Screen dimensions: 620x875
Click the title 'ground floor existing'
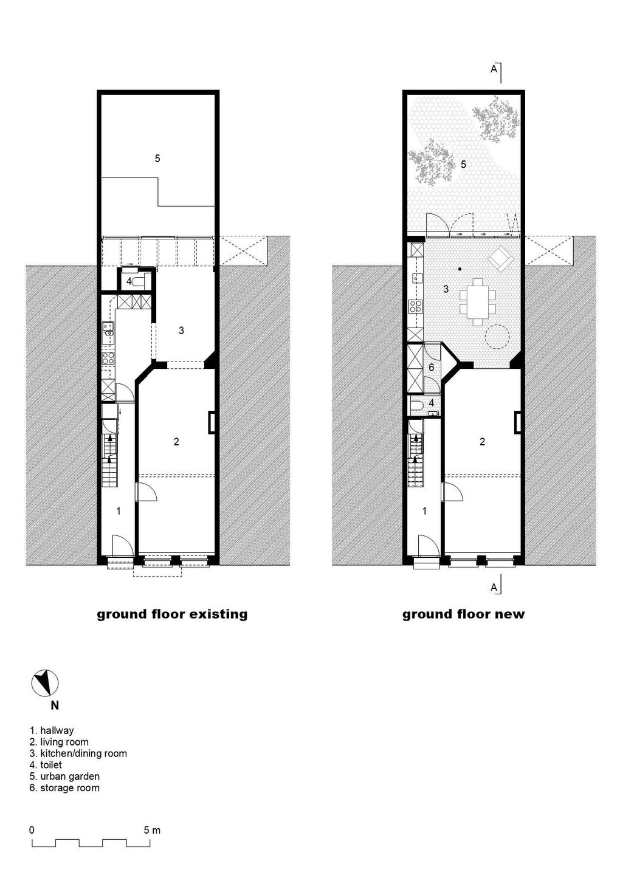click(172, 614)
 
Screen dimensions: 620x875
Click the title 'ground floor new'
click(463, 614)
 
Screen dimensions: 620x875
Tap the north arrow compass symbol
click(44, 684)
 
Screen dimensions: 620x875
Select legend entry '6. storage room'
click(64, 787)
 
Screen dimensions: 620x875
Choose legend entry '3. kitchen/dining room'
click(78, 753)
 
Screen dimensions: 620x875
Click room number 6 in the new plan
click(432, 367)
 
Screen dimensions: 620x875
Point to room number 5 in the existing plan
click(157, 158)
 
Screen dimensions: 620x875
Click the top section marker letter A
click(494, 69)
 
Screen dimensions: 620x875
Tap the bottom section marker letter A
click(494, 587)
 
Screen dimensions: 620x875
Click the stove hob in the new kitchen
click(415, 306)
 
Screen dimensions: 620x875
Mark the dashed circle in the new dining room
click(498, 337)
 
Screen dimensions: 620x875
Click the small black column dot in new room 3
click(460, 269)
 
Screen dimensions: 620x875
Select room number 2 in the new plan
click(483, 441)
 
